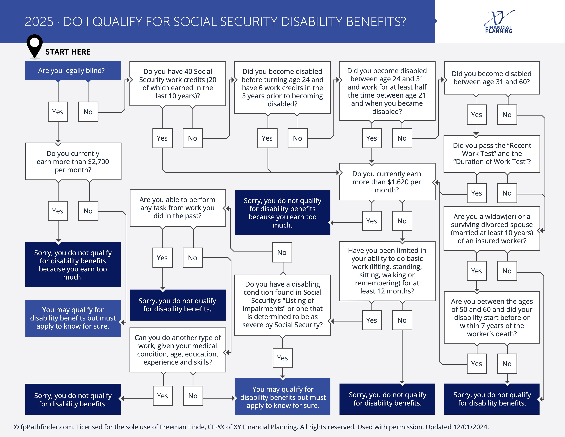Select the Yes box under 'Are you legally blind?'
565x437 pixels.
pos(58,112)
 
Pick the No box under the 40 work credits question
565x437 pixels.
pos(192,138)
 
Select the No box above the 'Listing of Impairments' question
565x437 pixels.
pos(282,252)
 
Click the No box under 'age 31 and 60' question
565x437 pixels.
pos(507,115)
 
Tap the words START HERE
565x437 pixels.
pos(68,52)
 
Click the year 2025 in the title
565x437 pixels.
pos(39,22)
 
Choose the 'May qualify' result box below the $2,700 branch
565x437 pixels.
pos(73,318)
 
